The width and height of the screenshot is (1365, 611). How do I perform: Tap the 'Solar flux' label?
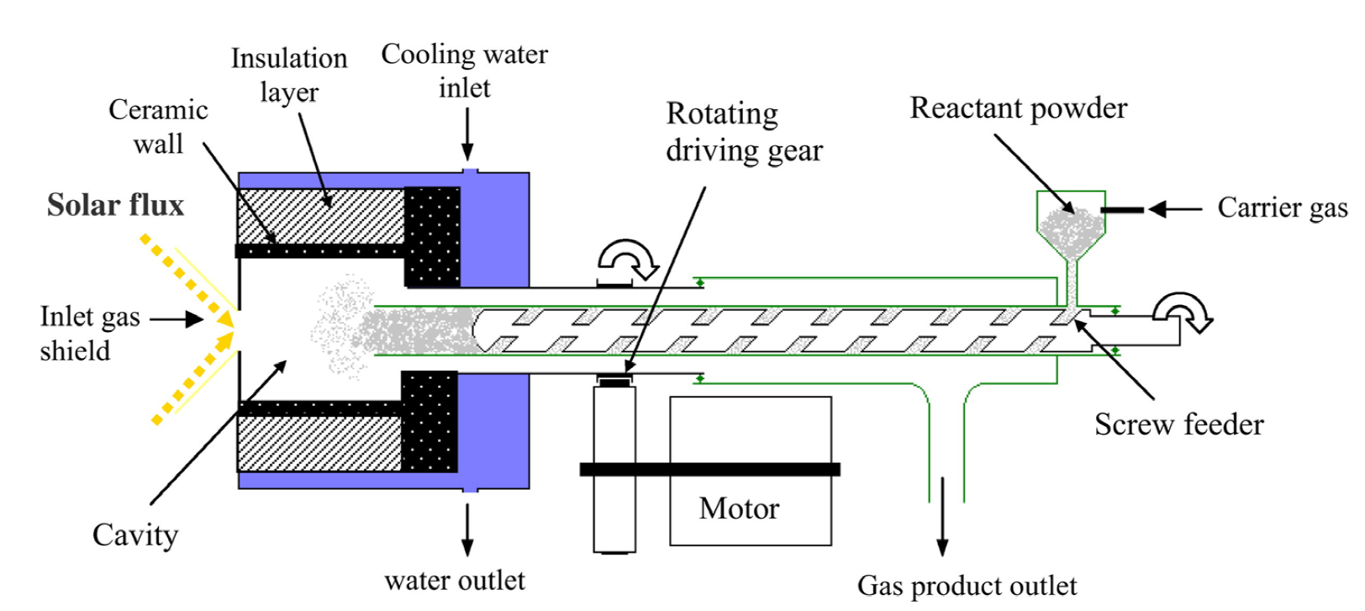click(115, 205)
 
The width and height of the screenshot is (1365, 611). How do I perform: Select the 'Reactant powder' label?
click(1018, 109)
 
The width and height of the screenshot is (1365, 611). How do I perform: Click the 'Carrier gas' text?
click(1283, 208)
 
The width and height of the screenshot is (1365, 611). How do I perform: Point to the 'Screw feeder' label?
click(1179, 424)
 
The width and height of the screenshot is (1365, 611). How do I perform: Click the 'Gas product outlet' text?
click(967, 586)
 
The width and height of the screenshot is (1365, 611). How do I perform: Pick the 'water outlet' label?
click(455, 581)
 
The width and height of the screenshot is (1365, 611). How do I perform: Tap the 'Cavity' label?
click(135, 535)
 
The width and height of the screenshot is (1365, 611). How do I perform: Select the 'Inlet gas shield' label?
click(90, 333)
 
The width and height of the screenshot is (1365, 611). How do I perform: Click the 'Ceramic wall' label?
click(158, 127)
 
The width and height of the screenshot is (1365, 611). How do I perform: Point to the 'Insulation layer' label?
click(289, 76)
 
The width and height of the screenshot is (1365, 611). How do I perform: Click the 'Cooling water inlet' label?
click(464, 71)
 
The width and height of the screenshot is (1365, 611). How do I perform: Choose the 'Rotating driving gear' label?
click(744, 132)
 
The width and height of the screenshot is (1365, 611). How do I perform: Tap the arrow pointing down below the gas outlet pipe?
click(942, 517)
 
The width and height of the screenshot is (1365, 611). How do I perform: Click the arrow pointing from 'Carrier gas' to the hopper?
click(1176, 209)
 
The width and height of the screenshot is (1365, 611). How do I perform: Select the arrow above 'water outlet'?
click(467, 529)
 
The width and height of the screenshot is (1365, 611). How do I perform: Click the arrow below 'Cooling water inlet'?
click(467, 134)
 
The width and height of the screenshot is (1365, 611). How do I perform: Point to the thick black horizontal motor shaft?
click(710, 469)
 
